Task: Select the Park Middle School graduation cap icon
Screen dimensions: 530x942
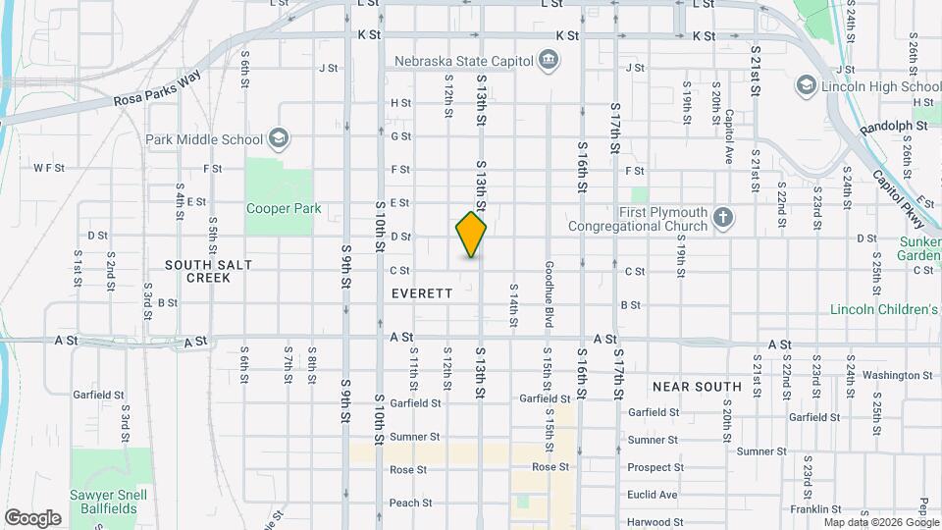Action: [280, 137]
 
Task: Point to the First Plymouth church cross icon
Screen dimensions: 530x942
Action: [722, 218]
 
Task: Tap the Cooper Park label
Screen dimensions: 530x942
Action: [284, 209]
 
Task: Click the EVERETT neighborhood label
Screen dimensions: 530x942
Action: [422, 293]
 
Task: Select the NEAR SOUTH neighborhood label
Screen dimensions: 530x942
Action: [696, 387]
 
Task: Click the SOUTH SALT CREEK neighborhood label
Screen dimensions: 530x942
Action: [197, 271]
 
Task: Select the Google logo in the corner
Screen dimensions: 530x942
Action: [32, 517]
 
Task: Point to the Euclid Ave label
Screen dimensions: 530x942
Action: [653, 495]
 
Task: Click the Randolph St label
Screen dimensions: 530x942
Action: [893, 128]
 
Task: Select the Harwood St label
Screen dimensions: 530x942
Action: [655, 522]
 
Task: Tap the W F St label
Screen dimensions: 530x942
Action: [48, 168]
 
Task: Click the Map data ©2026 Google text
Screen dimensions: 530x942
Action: [878, 522]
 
